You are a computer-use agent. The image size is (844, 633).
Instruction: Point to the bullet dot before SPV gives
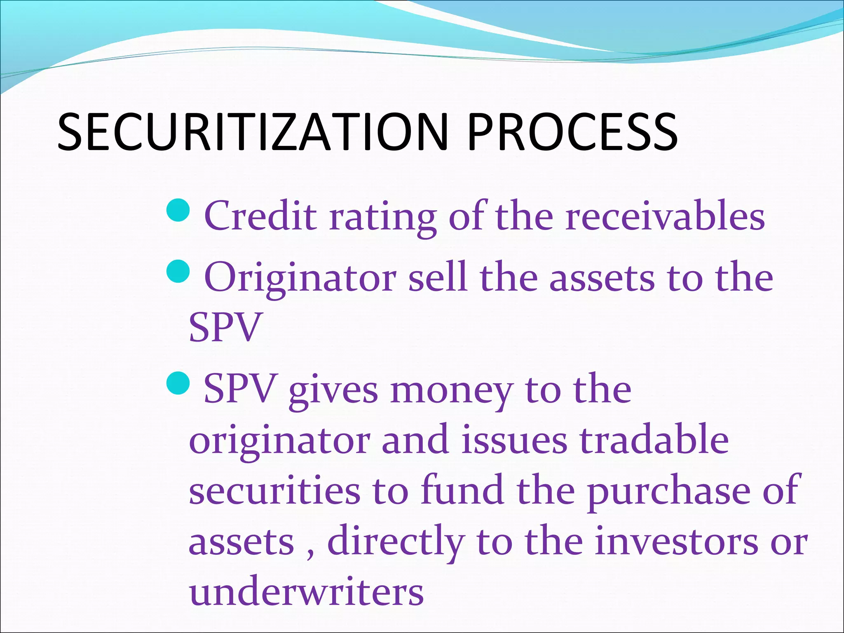[178, 382]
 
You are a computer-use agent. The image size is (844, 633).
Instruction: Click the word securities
[274, 490]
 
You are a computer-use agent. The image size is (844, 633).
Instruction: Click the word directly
[396, 542]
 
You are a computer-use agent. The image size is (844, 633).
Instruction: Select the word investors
[676, 542]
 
